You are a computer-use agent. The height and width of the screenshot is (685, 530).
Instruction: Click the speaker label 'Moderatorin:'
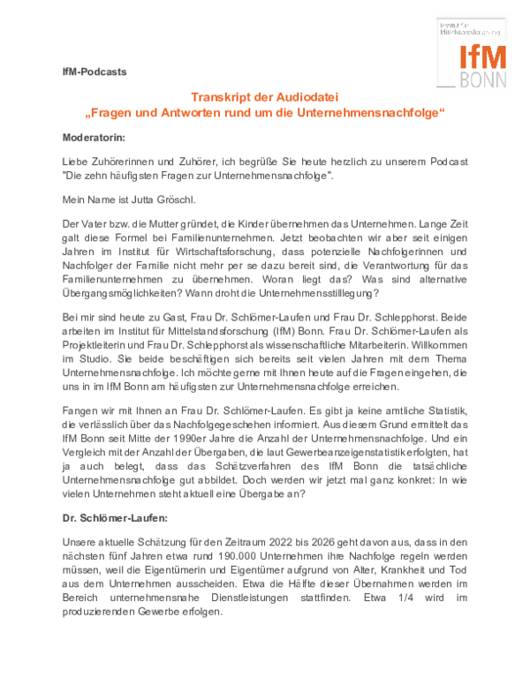pos(94,139)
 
